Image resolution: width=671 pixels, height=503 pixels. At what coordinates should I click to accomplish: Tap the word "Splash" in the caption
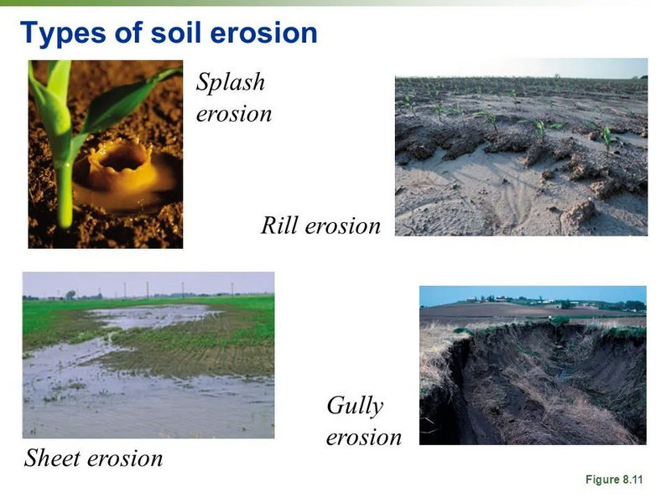[231, 82]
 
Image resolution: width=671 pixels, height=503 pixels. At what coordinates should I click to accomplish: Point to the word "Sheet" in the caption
[55, 459]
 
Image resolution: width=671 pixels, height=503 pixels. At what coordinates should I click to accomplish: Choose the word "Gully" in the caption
[355, 407]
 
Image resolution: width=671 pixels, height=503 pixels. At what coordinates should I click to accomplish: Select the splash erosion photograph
[105, 153]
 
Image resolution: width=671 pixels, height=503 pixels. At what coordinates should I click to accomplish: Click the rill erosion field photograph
[521, 147]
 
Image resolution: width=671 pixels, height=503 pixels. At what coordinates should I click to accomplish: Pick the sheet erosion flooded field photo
[148, 354]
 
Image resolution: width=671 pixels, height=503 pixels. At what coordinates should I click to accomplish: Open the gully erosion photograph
[533, 366]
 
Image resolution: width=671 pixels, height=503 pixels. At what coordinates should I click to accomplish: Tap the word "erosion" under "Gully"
[363, 438]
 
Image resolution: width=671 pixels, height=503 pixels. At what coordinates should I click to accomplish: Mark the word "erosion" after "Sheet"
[127, 459]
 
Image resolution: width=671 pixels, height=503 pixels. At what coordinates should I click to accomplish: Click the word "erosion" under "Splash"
[234, 113]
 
